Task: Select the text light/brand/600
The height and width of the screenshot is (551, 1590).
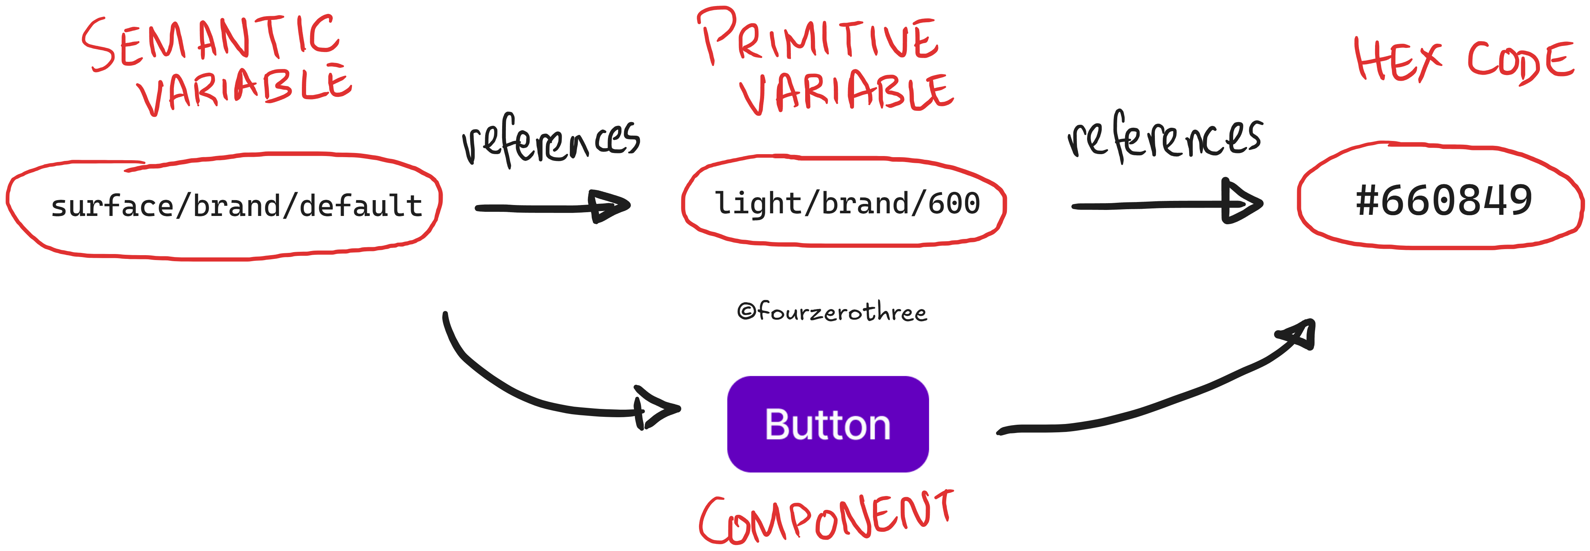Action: tap(847, 203)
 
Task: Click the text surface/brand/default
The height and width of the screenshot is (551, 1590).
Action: tap(236, 206)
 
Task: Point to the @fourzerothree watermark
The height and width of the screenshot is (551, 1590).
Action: tap(832, 312)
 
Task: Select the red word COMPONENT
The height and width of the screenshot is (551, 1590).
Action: tap(826, 519)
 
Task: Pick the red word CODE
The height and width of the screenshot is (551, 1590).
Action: tap(1520, 62)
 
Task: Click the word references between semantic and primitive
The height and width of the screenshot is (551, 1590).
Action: tap(551, 141)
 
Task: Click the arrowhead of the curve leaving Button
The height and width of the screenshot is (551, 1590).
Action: tap(1300, 334)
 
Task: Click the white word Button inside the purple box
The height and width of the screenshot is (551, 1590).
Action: tap(828, 425)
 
